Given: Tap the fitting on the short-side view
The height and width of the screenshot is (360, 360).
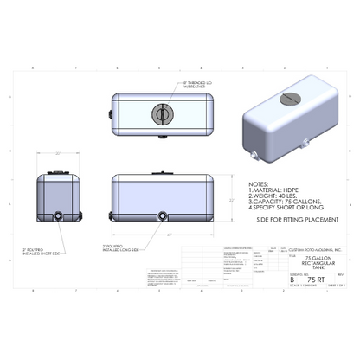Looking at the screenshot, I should (x=58, y=214).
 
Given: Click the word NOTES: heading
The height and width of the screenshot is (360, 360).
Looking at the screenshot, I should (x=259, y=184).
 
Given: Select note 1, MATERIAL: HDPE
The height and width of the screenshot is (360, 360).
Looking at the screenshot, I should (x=274, y=191).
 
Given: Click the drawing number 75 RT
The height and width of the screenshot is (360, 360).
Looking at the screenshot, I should (x=318, y=280).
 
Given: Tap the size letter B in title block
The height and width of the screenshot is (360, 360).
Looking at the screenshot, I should (x=292, y=280).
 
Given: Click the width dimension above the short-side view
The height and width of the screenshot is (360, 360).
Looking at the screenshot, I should (x=58, y=153).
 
